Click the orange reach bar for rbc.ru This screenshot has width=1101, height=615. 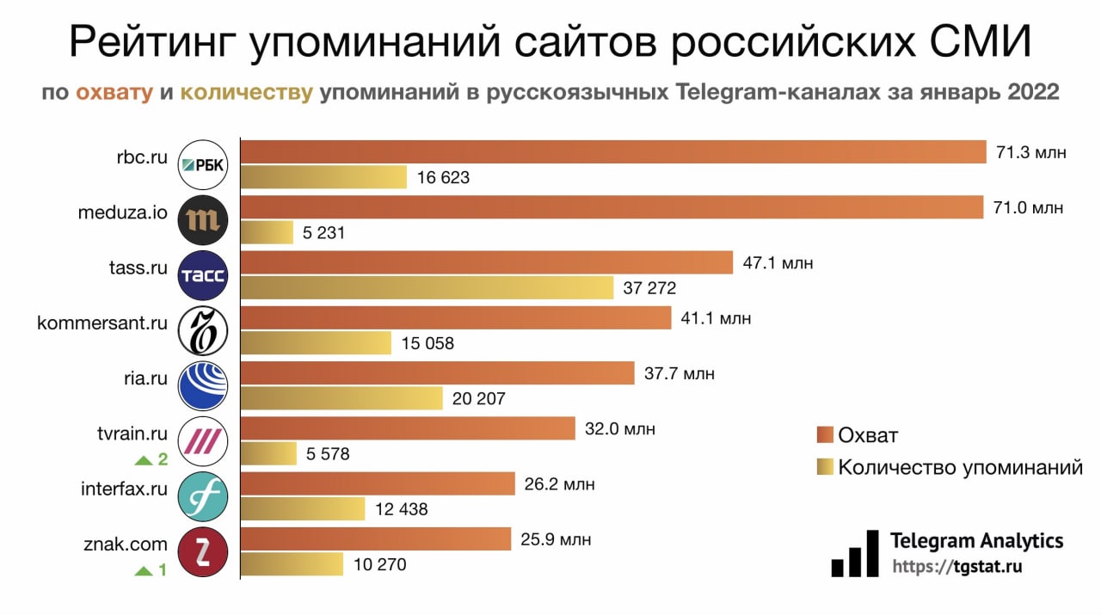pos(612,152)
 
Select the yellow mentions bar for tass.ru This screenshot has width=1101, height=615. pos(427,288)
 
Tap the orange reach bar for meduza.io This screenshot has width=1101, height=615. pos(611,207)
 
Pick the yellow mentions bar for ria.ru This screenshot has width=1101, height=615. pos(341,398)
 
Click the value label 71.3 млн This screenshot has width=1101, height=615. pos(1031,153)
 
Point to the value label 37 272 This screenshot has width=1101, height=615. pos(649,288)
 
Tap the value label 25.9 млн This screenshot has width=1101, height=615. pos(556,540)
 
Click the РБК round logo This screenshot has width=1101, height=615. pos(203,165)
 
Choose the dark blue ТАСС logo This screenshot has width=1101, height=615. pos(203,275)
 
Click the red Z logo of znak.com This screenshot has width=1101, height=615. pos(203,551)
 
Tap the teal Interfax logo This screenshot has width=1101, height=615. pos(203,496)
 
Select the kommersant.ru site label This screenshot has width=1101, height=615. pos(101,323)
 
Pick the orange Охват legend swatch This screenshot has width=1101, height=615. pos(825,434)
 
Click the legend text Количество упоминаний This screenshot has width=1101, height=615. pos(960,468)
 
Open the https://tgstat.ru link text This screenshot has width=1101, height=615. pos(956,568)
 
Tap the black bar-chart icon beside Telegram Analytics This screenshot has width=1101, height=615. pos(855,555)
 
